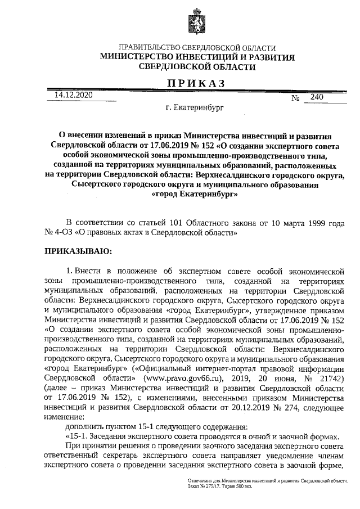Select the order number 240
point(317,97)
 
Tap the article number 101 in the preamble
point(197,222)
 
